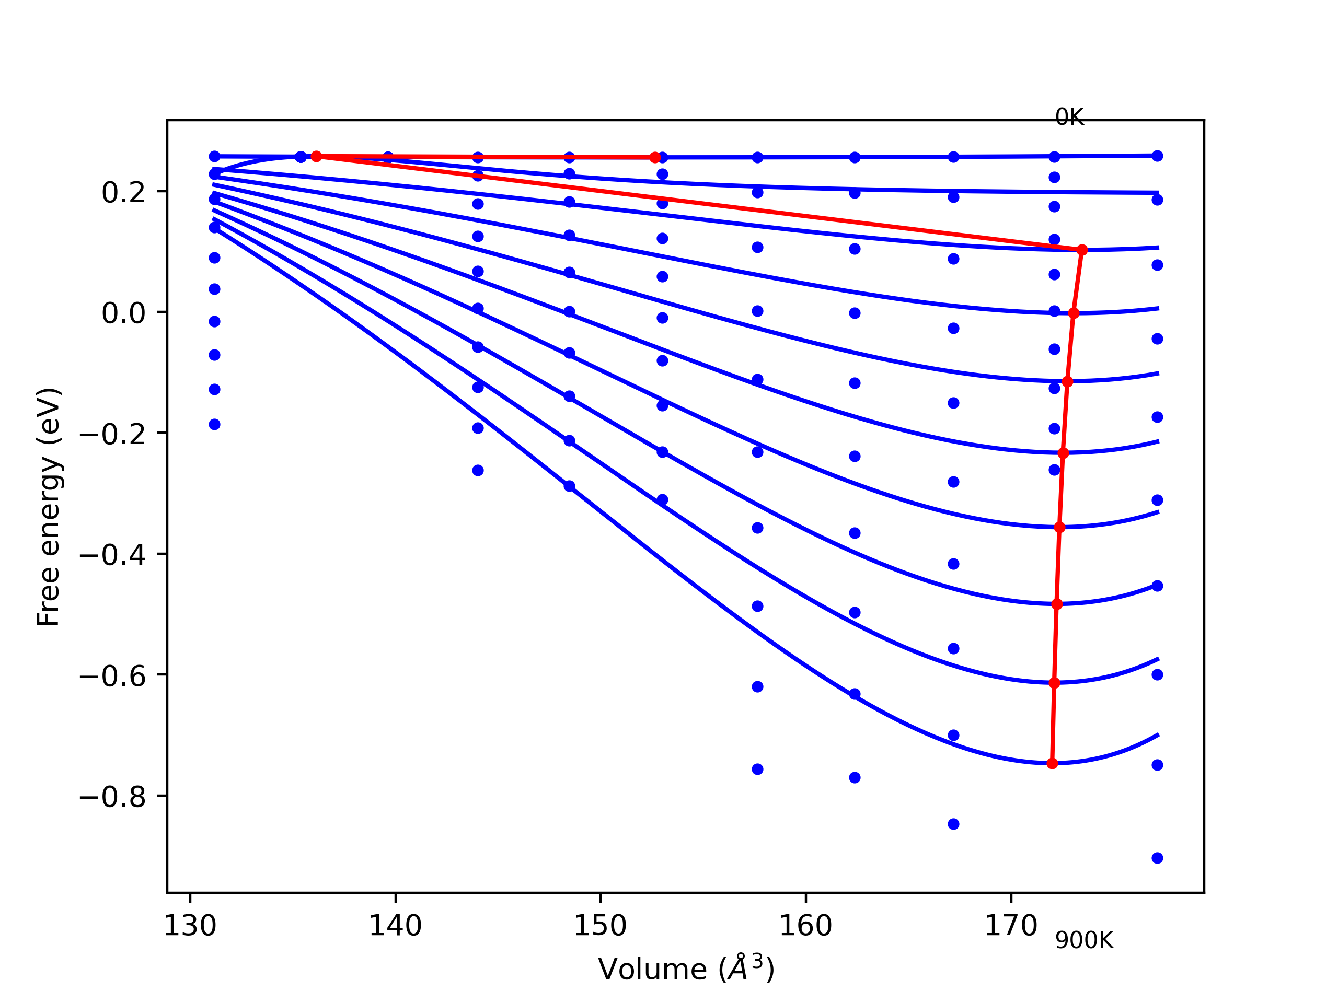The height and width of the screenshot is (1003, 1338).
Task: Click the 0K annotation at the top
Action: tap(1069, 118)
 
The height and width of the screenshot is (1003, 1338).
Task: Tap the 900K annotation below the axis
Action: tap(1084, 941)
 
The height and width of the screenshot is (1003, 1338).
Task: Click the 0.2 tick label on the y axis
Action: tap(124, 193)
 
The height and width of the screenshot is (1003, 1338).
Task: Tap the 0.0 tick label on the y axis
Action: tap(124, 313)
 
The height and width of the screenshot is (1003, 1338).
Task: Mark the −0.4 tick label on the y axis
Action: tap(113, 555)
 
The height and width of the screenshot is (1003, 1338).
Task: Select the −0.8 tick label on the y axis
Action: tap(113, 797)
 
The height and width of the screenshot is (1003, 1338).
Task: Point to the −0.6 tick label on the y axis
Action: tap(113, 676)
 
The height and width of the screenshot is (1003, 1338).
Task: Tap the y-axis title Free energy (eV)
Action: tap(49, 507)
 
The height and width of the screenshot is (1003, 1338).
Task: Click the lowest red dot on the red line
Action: tap(1052, 764)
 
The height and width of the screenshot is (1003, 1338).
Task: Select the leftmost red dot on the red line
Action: tap(316, 157)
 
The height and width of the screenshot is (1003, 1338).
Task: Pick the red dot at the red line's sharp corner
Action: tap(1082, 250)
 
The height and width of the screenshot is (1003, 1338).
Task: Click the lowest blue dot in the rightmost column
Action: tap(1157, 858)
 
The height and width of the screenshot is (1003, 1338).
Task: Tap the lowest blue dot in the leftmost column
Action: tap(215, 424)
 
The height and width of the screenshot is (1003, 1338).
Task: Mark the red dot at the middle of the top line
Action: tap(655, 157)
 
